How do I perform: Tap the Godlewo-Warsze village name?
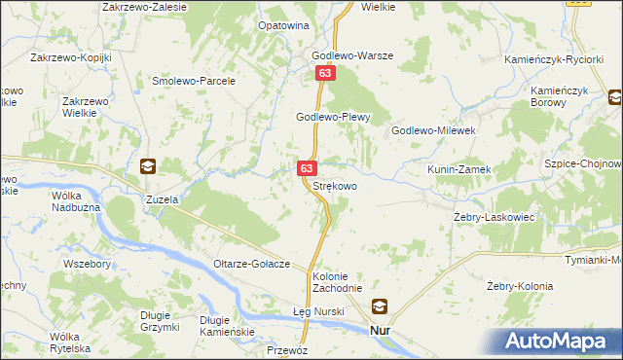click(351, 55)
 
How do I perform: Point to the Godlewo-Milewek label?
click(432, 129)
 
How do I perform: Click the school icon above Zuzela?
click(147, 166)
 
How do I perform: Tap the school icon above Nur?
click(379, 306)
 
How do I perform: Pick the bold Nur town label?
click(381, 331)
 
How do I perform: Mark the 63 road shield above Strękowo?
click(307, 168)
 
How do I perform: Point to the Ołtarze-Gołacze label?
click(253, 265)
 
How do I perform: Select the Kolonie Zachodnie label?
click(337, 282)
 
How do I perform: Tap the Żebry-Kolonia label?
click(520, 286)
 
